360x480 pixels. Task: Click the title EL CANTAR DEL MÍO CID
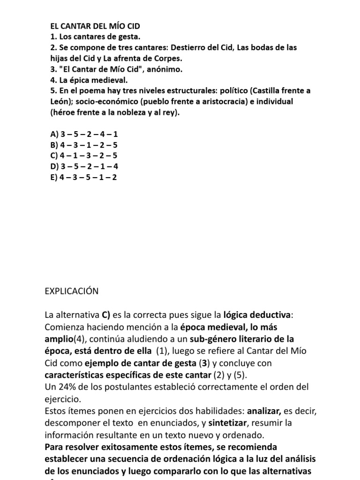[x=95, y=26]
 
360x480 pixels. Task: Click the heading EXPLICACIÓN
[x=72, y=291]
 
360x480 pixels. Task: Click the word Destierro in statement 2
[x=188, y=47]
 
